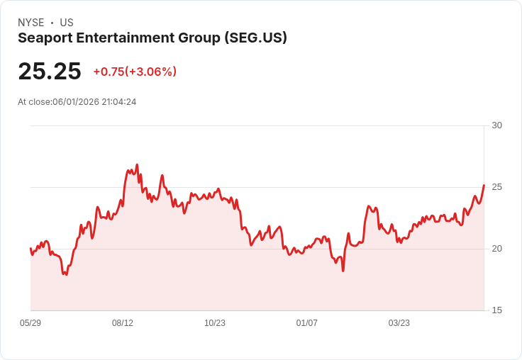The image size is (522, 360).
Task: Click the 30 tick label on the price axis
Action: [496, 125]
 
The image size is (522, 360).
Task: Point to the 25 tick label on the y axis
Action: [496, 187]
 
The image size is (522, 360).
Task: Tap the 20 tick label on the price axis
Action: [496, 249]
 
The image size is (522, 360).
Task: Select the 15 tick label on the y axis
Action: [496, 310]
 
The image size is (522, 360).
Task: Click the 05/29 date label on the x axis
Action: [30, 322]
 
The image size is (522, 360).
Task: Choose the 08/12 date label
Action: [123, 322]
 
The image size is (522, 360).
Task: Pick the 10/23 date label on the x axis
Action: [215, 322]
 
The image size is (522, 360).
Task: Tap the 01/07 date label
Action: [306, 322]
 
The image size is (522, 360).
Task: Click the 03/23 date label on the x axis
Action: [399, 322]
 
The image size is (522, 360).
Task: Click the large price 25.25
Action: [50, 71]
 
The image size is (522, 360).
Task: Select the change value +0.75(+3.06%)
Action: [135, 72]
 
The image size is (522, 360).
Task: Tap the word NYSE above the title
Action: [31, 23]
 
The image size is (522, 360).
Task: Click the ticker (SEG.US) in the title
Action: [255, 38]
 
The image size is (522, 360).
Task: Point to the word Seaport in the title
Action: [45, 38]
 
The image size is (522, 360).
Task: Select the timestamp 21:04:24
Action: [119, 102]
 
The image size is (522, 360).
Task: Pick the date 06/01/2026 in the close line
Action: [76, 102]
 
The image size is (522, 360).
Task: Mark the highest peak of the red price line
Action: [137, 164]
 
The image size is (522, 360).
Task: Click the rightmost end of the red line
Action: [484, 185]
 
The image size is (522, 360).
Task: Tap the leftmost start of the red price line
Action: [30, 249]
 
